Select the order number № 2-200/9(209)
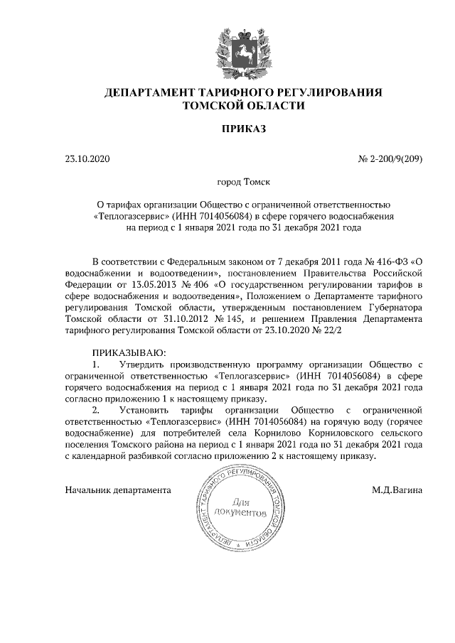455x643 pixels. pyautogui.click(x=390, y=159)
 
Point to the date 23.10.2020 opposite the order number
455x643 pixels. pyautogui.click(x=88, y=159)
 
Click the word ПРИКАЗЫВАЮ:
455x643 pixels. pyautogui.click(x=129, y=352)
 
